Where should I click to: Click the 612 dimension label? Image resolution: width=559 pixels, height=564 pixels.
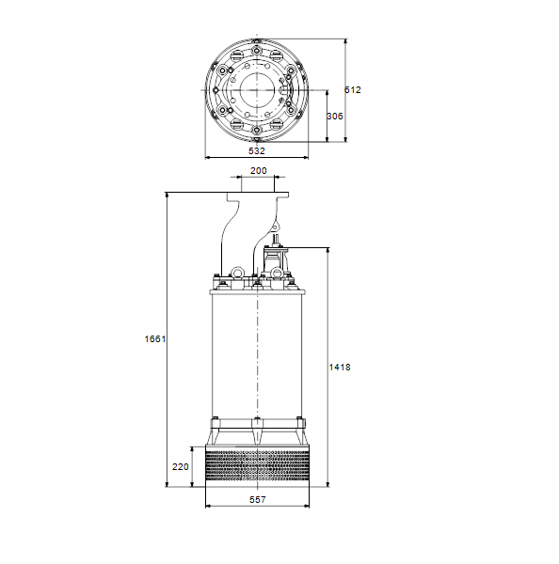(x=352, y=90)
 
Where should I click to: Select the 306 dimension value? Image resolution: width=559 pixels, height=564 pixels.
(x=335, y=117)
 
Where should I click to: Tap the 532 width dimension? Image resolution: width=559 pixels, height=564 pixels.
(x=257, y=150)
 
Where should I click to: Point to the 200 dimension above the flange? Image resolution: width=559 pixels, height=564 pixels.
(x=258, y=170)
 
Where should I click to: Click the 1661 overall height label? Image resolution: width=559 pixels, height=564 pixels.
(x=155, y=338)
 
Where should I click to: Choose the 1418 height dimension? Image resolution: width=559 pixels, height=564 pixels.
(x=340, y=368)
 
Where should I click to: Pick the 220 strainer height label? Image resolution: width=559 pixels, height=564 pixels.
(x=180, y=467)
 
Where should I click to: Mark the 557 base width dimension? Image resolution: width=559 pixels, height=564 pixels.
(x=258, y=500)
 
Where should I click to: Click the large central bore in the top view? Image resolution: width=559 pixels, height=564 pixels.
(x=257, y=90)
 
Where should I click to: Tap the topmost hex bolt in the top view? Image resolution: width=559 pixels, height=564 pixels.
(x=257, y=51)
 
